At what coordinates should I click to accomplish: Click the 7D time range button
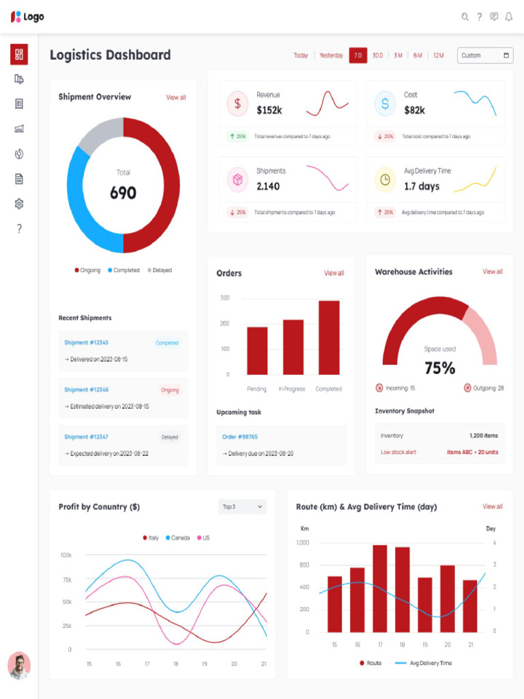[358, 55]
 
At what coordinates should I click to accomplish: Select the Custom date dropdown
[484, 55]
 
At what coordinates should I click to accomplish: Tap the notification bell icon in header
[508, 17]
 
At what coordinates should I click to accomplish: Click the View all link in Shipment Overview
[176, 98]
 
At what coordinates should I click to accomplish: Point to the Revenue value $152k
[270, 110]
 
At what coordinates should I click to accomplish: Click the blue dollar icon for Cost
[385, 104]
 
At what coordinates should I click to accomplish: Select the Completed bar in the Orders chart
[329, 337]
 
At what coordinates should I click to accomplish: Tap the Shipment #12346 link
[87, 390]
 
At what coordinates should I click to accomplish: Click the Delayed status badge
[170, 437]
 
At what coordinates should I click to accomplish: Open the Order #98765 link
[239, 436]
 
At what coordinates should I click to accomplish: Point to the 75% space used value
[439, 369]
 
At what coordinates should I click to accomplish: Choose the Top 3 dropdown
[242, 507]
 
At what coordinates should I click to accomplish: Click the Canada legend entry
[177, 538]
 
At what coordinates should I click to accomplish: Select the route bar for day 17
[379, 588]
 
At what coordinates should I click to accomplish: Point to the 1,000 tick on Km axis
[302, 543]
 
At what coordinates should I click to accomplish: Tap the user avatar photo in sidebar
[19, 666]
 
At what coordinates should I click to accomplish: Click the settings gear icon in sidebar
[19, 203]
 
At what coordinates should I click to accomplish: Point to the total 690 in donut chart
[123, 193]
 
